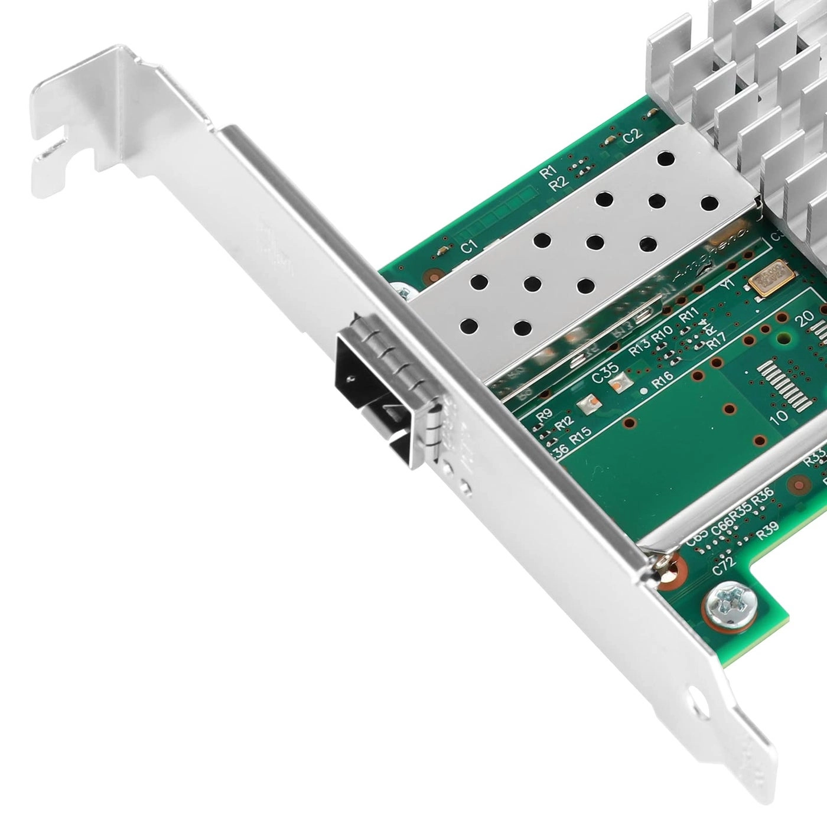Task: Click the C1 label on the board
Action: coord(468,247)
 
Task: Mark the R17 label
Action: coord(701,340)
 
